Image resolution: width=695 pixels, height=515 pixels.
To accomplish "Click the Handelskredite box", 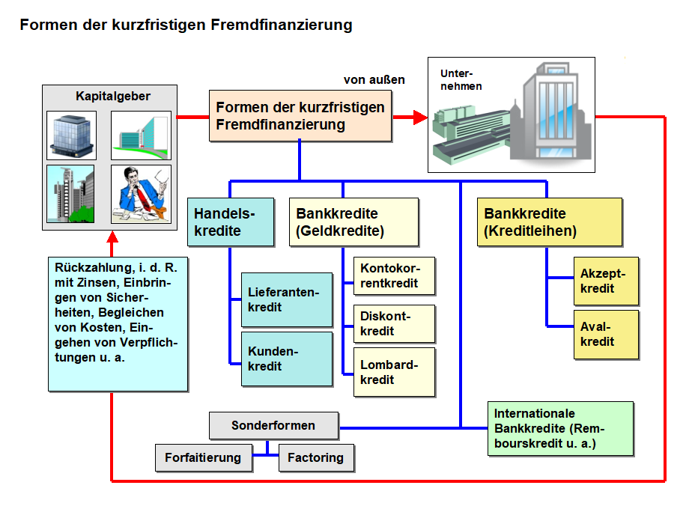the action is click(x=231, y=222).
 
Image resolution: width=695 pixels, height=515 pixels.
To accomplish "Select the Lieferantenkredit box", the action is click(x=287, y=300).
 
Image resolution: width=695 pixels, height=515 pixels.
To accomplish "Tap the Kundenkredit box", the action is click(x=287, y=359).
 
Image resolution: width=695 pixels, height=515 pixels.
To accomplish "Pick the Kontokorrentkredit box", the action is click(x=394, y=275).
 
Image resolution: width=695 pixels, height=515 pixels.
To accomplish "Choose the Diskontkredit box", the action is click(x=394, y=323).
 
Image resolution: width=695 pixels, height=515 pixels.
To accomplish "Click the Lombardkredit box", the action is click(x=394, y=372).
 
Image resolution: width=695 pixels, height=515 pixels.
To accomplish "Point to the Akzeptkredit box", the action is click(x=606, y=281).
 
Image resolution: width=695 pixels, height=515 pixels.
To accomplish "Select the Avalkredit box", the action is click(x=606, y=335).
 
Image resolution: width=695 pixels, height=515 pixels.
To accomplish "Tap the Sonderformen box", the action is click(x=273, y=425).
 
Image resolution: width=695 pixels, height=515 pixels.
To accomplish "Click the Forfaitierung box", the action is click(x=204, y=458).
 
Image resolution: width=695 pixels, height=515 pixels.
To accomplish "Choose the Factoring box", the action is click(x=316, y=458).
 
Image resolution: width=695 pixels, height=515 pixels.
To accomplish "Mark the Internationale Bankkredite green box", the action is click(x=560, y=429).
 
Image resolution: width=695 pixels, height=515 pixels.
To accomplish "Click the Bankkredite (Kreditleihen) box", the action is click(x=550, y=222).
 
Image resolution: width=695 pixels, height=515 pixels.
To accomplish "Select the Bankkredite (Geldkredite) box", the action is click(x=353, y=222).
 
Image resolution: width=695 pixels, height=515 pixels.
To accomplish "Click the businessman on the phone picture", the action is click(x=141, y=194).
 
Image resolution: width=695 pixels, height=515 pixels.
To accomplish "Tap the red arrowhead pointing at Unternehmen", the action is click(x=419, y=117).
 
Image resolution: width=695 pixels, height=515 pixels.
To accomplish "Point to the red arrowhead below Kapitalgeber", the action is click(x=112, y=237).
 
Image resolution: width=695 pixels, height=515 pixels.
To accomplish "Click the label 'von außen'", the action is click(x=374, y=80).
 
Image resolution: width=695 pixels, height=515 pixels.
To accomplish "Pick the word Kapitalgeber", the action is click(x=113, y=96).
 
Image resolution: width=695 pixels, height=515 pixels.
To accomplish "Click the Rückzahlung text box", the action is click(x=118, y=324).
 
